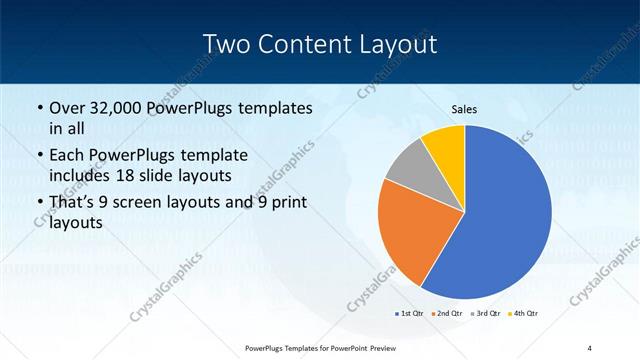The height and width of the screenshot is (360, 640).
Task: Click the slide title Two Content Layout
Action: pos(319,44)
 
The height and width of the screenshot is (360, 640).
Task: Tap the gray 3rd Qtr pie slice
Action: pos(410,167)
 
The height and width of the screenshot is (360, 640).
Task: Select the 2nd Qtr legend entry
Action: pos(446,314)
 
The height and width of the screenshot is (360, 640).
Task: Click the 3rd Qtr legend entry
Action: pos(486,314)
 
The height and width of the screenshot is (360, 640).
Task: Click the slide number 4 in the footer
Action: pos(590,347)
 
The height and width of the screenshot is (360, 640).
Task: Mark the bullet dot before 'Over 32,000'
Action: pos(38,108)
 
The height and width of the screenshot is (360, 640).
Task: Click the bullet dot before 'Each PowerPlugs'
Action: pos(38,156)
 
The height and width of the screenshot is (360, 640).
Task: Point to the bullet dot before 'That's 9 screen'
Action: pos(38,203)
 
